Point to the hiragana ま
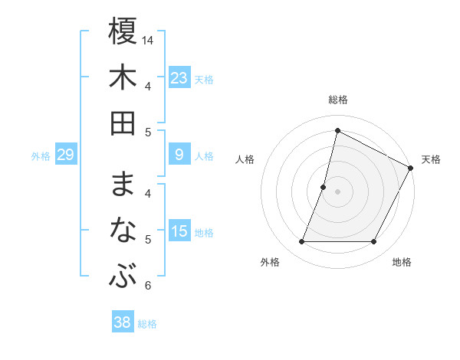click(123, 185)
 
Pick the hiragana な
click(123, 231)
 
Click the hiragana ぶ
click(123, 277)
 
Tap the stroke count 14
click(149, 40)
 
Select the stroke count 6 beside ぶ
click(148, 286)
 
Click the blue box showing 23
click(179, 78)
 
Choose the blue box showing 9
click(179, 155)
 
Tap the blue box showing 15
click(179, 231)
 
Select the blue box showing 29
click(65, 155)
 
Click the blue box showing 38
click(123, 322)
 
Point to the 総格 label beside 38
click(147, 324)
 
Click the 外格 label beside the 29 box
click(41, 156)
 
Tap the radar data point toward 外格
click(301, 242)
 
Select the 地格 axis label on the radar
click(402, 262)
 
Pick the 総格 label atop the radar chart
click(337, 100)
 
